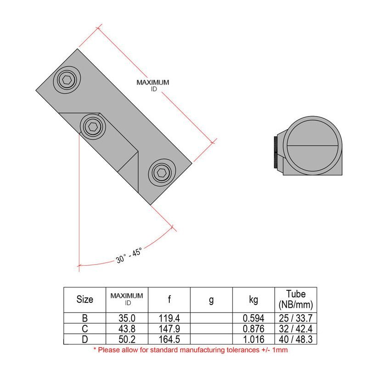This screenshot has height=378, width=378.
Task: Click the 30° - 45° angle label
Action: (129, 255)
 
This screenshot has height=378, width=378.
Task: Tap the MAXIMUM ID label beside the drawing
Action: (153, 85)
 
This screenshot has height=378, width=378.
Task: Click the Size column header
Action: (84, 300)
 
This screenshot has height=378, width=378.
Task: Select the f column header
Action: (169, 300)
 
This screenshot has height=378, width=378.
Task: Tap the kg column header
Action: (253, 300)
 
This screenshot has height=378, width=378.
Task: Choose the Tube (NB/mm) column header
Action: (295, 299)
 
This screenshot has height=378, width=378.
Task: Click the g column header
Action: (211, 300)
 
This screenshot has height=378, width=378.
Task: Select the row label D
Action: (84, 339)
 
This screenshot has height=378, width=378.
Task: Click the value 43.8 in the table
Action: (127, 328)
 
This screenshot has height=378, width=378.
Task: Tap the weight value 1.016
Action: (253, 339)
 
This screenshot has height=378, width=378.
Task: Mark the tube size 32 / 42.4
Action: (295, 328)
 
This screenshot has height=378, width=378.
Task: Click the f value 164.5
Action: (169, 339)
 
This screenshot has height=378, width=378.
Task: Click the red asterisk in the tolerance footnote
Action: (95, 349)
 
